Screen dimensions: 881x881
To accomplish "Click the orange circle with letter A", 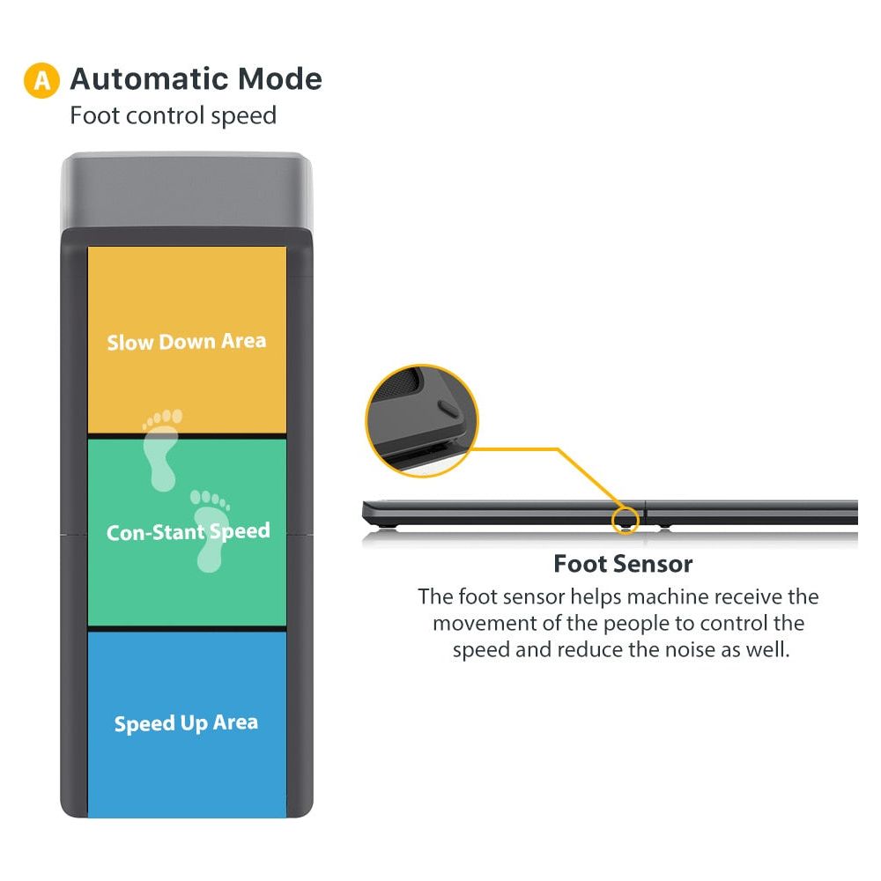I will coord(41,80).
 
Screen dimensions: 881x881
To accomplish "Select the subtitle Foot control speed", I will coord(173,115).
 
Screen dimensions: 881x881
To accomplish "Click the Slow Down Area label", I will coord(187,342).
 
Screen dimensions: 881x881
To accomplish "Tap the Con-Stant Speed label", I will coord(188,532).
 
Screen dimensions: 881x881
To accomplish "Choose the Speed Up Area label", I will coord(187,723).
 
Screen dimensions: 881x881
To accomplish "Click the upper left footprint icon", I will coord(162,448).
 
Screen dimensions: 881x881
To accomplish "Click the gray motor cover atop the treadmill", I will coord(186,190).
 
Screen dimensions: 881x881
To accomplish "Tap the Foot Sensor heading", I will coord(623,563).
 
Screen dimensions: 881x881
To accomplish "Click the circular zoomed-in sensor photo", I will coord(422,421).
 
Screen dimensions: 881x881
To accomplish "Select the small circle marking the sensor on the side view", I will coord(625,518).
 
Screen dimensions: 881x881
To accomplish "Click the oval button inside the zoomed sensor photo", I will coord(448,408).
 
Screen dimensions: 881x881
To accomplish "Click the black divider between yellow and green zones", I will coord(187,435).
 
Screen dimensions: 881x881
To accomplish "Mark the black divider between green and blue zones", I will coord(187,628).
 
